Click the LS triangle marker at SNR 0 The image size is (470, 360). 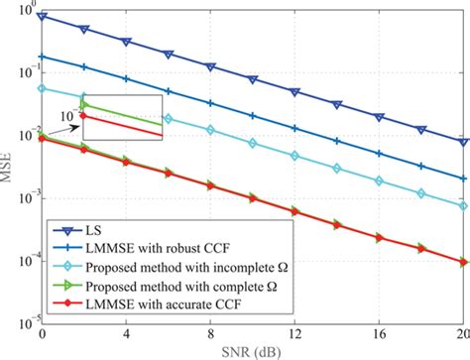[42, 18]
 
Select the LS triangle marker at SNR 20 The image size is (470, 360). [462, 142]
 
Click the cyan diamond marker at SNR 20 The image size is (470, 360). [462, 205]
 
